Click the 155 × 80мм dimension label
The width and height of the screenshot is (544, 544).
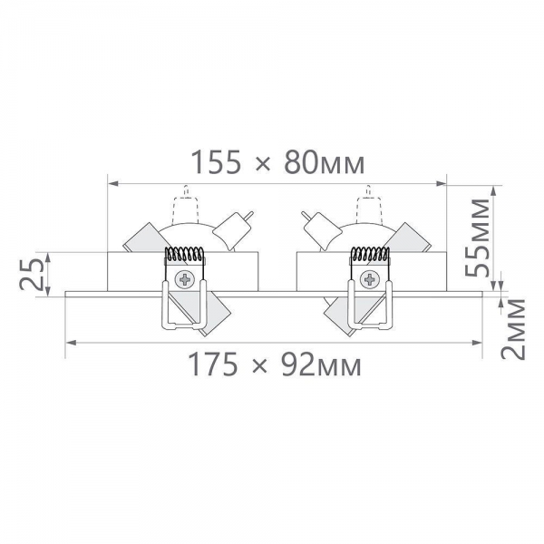click(x=277, y=162)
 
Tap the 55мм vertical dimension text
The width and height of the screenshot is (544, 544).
click(x=478, y=238)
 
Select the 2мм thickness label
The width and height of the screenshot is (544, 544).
click(x=513, y=329)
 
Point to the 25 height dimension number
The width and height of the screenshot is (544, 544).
click(x=32, y=275)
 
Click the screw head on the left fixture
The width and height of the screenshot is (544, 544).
click(x=185, y=279)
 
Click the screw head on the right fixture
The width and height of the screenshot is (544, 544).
click(x=370, y=279)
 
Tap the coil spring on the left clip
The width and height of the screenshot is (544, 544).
click(x=184, y=254)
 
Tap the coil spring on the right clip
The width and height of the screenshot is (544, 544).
click(x=370, y=254)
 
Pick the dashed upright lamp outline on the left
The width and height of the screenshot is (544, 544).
click(x=186, y=206)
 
